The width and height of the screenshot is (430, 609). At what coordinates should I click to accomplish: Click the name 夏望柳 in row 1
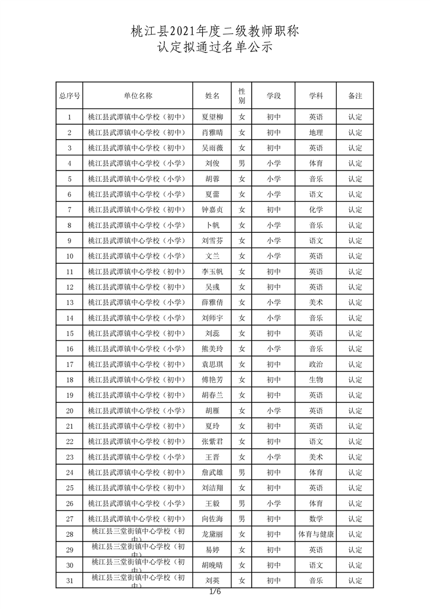212,117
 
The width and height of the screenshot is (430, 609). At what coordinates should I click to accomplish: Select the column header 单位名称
138,96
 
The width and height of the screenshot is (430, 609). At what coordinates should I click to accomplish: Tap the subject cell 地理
316,132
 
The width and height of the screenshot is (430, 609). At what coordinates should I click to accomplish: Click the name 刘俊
212,163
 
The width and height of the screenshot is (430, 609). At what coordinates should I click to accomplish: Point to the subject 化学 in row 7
316,210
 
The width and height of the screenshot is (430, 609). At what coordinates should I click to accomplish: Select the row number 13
69,302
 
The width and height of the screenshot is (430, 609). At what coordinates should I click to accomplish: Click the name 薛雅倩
212,302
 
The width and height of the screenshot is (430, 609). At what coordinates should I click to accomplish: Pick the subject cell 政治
316,364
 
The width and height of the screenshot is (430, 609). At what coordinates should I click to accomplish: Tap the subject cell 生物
316,379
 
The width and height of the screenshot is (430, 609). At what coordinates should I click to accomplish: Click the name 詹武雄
212,472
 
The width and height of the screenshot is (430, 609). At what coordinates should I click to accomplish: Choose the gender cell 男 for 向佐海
242,519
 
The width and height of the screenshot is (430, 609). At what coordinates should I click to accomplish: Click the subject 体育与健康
316,534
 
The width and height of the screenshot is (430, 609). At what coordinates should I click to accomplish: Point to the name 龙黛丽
212,534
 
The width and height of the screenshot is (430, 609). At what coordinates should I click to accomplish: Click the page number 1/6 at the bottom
215,592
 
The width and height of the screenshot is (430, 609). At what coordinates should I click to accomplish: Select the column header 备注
355,96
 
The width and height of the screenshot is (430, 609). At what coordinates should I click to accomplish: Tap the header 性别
242,96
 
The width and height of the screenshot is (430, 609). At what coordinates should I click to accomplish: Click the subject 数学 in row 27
316,519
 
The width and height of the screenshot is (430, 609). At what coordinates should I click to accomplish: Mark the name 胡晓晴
212,565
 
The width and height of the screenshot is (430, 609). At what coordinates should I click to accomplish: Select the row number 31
69,580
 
